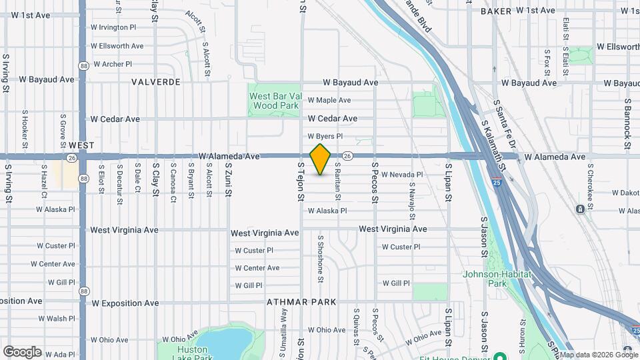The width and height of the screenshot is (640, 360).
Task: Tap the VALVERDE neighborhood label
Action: (x=156, y=82)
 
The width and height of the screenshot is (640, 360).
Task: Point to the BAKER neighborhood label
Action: (x=495, y=11)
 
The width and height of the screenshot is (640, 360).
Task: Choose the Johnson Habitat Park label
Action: (x=497, y=278)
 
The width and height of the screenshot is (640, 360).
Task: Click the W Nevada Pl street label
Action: (x=402, y=175)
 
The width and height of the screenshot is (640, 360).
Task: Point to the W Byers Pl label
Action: (x=324, y=136)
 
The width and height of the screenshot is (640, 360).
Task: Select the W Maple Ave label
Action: (x=329, y=100)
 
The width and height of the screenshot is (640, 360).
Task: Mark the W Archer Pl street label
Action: (x=113, y=64)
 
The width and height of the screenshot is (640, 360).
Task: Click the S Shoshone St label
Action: (x=321, y=255)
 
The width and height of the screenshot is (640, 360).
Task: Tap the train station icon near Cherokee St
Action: (x=580, y=209)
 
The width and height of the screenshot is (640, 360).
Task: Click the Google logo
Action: (x=22, y=352)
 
